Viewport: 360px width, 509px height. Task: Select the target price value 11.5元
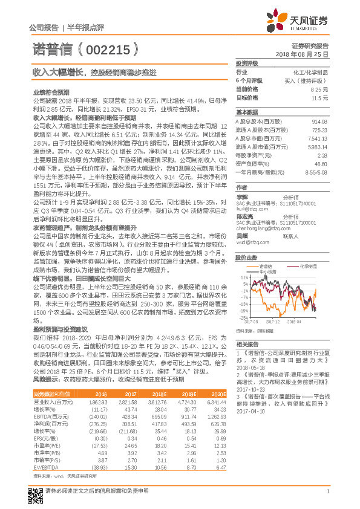(319, 97)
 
